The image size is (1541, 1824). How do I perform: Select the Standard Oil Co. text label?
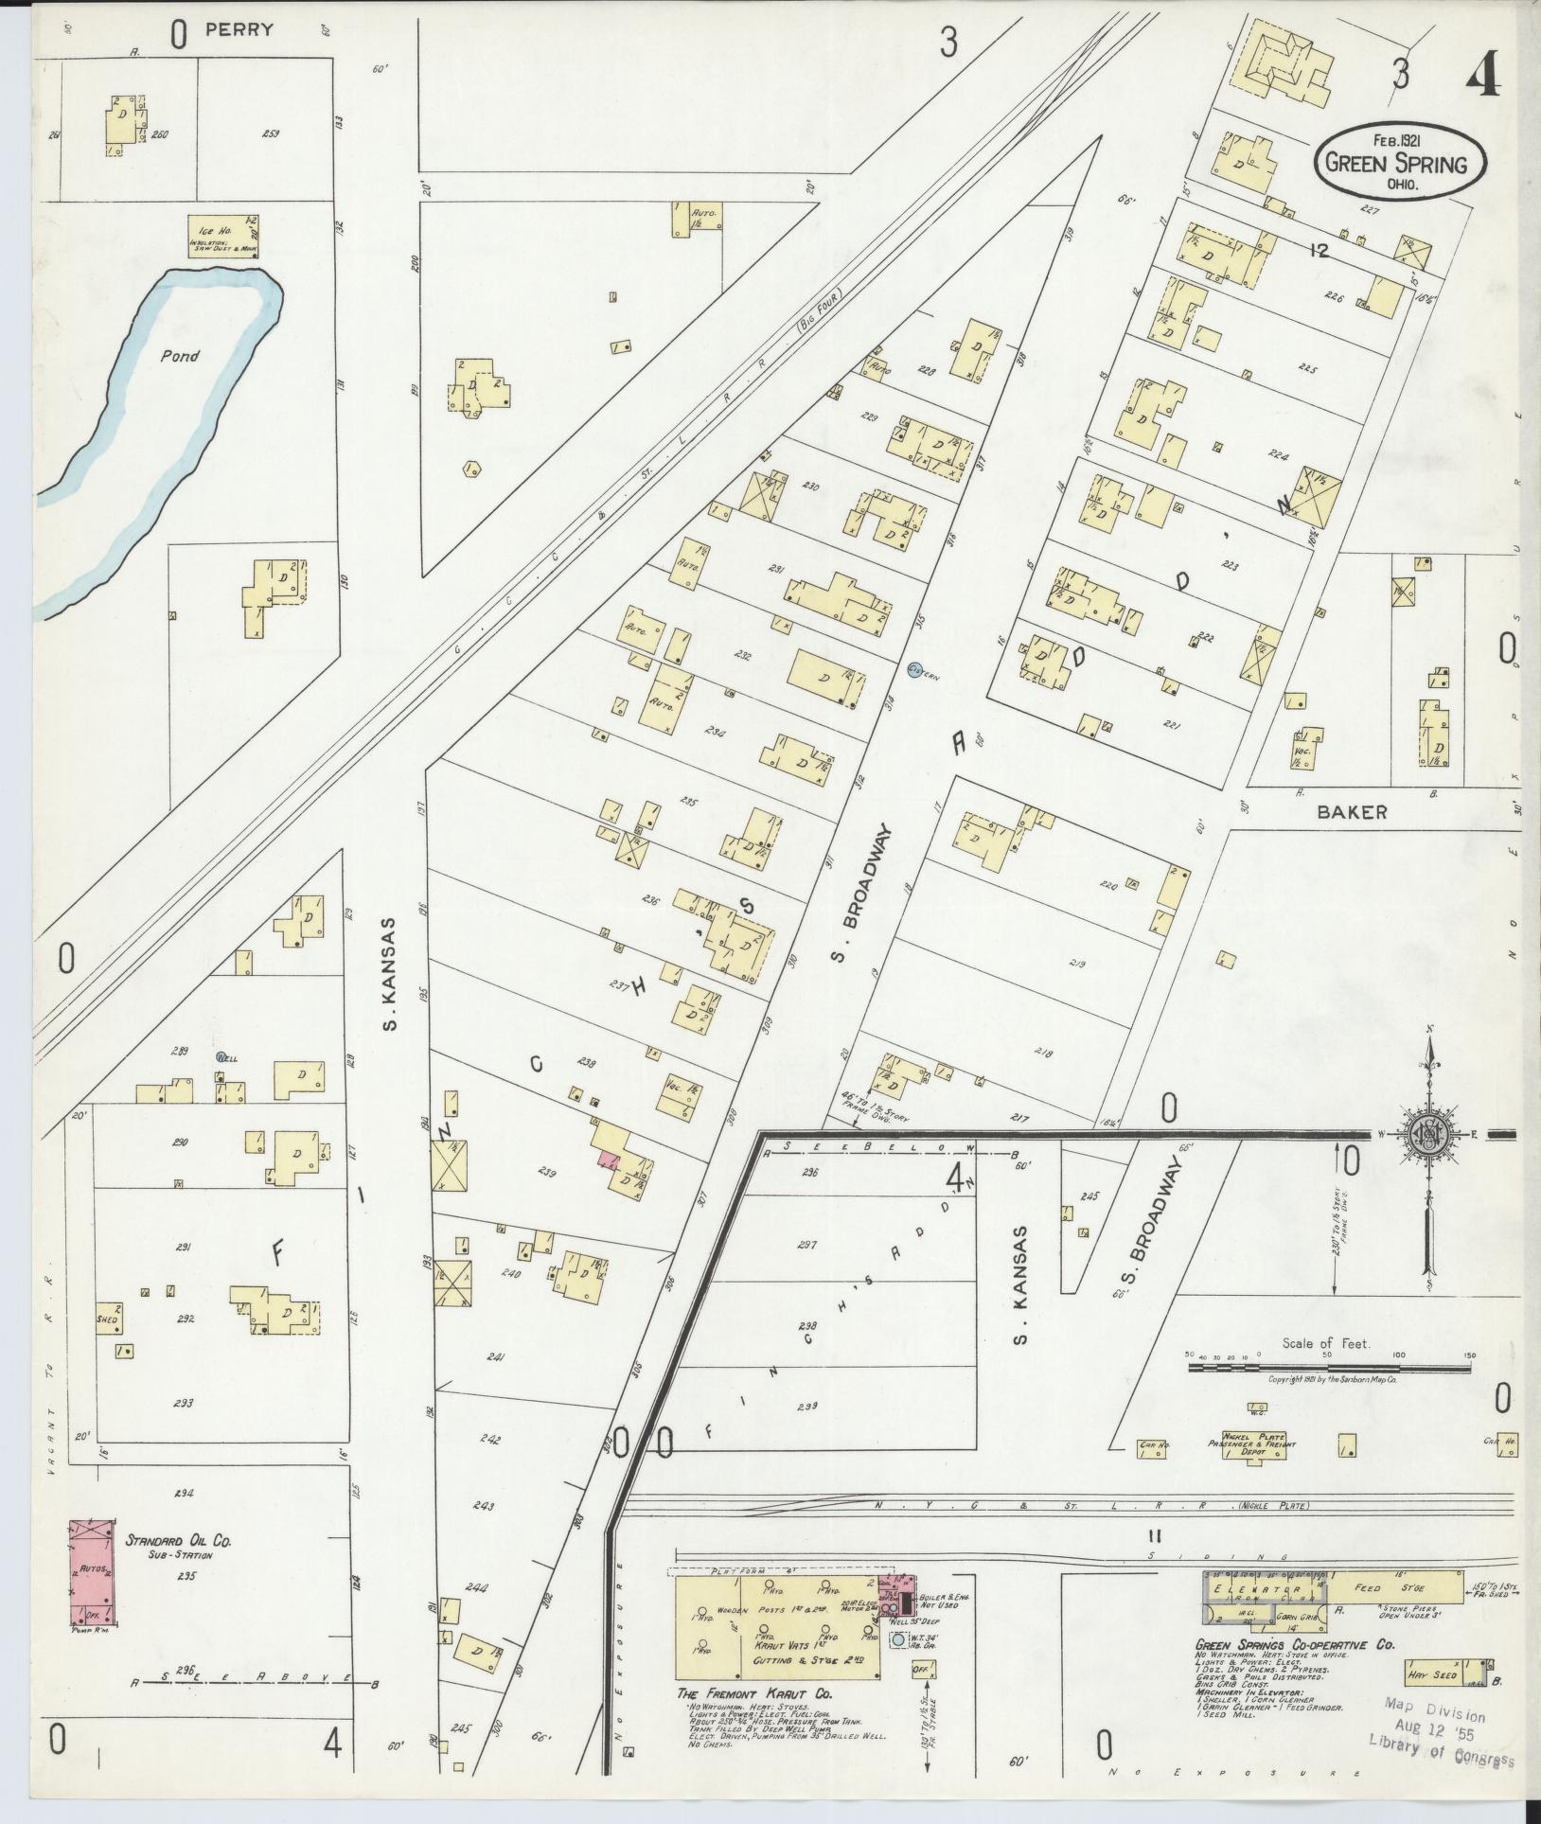(x=178, y=1541)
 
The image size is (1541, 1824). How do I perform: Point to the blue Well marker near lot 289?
(x=221, y=1056)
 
